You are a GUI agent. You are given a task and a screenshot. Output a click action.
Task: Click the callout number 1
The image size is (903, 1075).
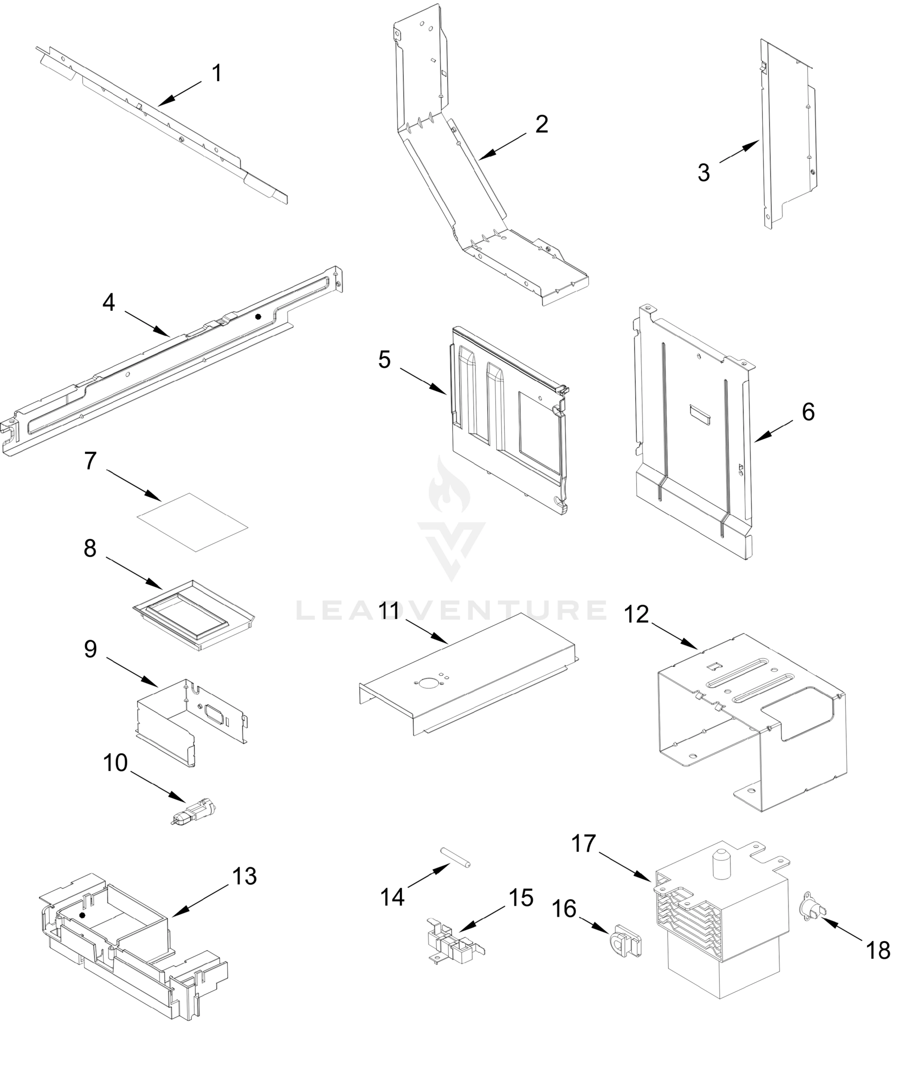click(x=217, y=73)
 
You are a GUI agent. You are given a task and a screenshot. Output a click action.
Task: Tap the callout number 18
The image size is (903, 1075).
click(x=878, y=950)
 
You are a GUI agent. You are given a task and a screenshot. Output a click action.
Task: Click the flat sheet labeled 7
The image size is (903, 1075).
click(x=193, y=522)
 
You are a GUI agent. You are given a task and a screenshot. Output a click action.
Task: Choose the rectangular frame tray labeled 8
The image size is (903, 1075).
click(x=193, y=615)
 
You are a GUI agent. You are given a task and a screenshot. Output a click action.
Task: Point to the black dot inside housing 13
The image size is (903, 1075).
click(x=82, y=914)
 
